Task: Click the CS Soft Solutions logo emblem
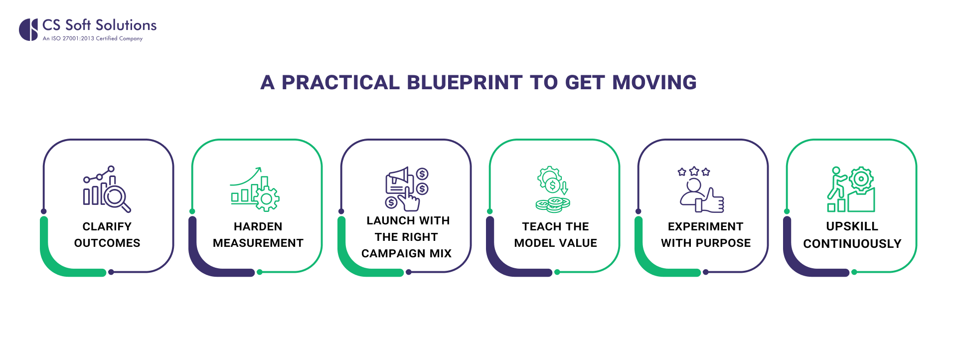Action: [28, 29]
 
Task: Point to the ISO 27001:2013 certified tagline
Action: [93, 38]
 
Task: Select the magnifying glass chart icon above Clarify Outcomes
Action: [107, 189]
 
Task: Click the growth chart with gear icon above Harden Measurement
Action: [255, 189]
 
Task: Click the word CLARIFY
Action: [107, 227]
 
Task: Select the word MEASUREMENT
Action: [258, 243]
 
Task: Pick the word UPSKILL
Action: [852, 226]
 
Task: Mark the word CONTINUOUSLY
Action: [852, 244]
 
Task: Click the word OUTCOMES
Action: [107, 243]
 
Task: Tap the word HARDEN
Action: [258, 227]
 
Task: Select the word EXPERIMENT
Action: [705, 227]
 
